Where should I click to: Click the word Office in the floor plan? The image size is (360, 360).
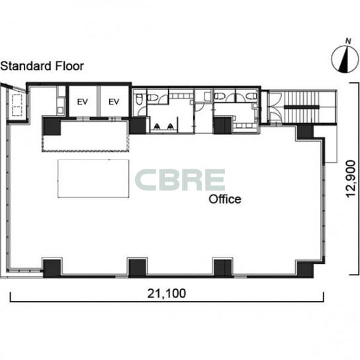point(225,199)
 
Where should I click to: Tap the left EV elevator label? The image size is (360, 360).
point(83,102)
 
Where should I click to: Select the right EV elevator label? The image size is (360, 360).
point(114,102)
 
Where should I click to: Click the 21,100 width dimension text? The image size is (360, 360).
point(167,293)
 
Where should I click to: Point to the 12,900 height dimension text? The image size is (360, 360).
point(351,179)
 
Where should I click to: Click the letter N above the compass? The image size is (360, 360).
point(348,41)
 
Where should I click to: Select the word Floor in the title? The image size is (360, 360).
point(69,66)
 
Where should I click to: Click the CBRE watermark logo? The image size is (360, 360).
point(180,180)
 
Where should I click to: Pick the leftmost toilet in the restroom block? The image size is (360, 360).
point(139,100)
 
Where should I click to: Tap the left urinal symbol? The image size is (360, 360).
point(157,126)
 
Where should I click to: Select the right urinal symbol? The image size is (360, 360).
point(170,126)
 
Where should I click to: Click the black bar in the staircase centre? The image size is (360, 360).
point(302,107)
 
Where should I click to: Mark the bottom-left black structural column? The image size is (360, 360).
point(52,268)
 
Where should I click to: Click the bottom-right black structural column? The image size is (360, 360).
point(305,269)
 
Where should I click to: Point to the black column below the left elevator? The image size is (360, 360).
point(52,126)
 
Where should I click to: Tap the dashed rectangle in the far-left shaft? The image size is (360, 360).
point(17,105)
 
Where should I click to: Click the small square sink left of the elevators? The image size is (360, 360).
point(60,111)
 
